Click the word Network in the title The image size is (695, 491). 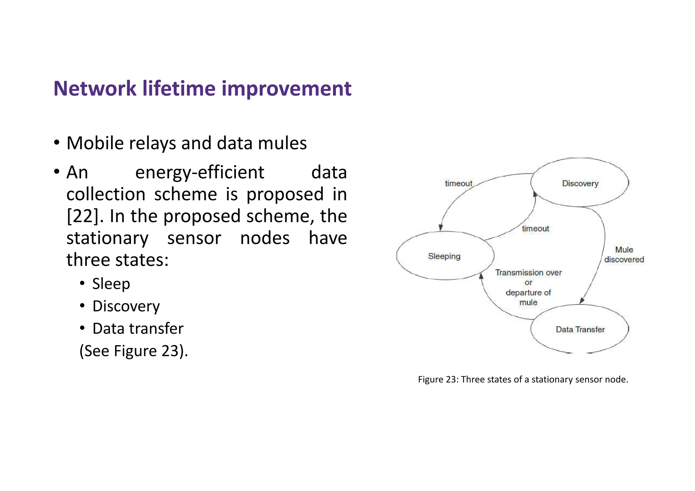point(95,89)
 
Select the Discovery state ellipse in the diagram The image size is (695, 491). point(580,183)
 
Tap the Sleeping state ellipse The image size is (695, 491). point(444,256)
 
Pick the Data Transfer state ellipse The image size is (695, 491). point(580,329)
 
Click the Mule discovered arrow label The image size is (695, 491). point(624,254)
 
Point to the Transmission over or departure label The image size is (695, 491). point(528,287)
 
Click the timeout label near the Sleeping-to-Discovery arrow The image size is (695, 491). point(535,228)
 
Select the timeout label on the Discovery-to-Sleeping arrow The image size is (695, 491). point(458,183)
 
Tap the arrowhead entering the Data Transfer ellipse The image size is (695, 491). point(582,301)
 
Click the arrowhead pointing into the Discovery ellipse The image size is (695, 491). point(535,194)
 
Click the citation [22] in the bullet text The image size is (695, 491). point(85,216)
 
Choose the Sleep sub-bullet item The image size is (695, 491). point(111,284)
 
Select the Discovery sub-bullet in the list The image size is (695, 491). point(126,306)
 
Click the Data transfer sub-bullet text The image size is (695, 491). point(138,328)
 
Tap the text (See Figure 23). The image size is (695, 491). point(133,351)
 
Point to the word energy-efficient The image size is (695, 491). point(200,172)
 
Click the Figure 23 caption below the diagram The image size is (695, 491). point(523,379)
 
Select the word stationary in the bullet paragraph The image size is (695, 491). point(107,238)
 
